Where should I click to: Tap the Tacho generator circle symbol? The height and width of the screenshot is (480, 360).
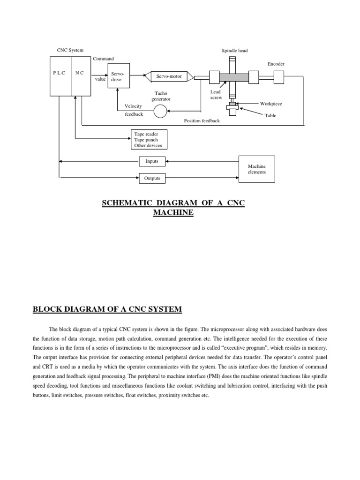[161, 111]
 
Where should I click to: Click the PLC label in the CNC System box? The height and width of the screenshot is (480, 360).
[60, 74]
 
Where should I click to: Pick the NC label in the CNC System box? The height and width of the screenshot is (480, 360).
[80, 74]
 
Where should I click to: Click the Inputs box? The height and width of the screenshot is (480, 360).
[152, 161]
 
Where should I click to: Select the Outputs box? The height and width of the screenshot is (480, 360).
[152, 178]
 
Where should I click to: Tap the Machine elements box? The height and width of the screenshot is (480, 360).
[257, 169]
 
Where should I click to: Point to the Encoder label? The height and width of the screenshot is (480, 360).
[276, 64]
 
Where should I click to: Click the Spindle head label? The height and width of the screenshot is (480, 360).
[234, 50]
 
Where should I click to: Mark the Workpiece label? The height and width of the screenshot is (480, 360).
[271, 104]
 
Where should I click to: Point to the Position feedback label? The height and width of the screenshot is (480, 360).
[202, 120]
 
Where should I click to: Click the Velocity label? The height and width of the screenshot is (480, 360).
[133, 106]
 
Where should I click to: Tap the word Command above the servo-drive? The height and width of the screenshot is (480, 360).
[103, 59]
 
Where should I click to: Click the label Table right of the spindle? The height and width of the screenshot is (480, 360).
[270, 115]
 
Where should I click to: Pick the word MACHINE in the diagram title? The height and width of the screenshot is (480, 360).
[173, 212]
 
